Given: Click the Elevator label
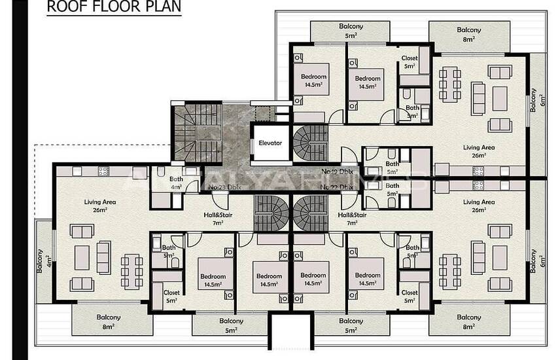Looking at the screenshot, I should (270, 143).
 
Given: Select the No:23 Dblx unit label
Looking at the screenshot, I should (225, 187).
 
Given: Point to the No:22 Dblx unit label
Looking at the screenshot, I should (338, 187).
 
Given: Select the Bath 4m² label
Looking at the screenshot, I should (175, 183).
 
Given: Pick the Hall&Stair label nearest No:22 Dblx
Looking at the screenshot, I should (352, 219).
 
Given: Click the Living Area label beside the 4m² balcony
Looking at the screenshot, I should (99, 206).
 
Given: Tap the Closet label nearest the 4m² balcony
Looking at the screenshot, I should (171, 297).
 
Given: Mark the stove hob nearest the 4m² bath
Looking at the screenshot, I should (103, 171).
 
